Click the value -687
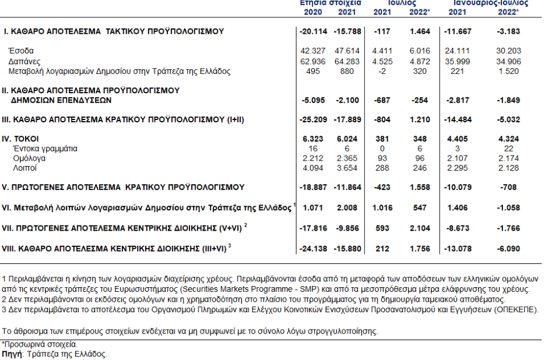[382, 100]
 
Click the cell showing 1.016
[382, 207]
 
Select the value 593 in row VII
[382, 229]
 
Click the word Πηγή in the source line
[10, 354]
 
